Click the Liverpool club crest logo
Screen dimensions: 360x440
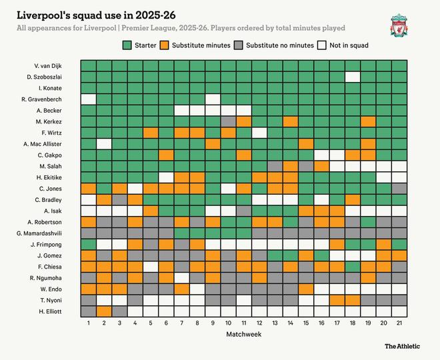point(399,26)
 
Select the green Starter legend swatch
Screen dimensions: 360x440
point(129,45)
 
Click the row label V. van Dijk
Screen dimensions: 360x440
point(48,65)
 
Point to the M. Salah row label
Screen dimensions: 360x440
point(51,166)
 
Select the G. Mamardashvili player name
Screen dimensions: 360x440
point(39,233)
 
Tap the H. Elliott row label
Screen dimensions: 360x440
point(51,311)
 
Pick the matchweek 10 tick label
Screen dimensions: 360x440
point(228,323)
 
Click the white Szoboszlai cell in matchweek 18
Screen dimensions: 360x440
point(353,77)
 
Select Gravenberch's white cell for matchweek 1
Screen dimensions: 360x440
point(88,99)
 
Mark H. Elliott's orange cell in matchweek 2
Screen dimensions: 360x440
point(104,311)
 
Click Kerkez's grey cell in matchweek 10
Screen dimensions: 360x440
point(228,121)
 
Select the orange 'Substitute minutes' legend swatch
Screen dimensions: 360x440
point(165,45)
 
